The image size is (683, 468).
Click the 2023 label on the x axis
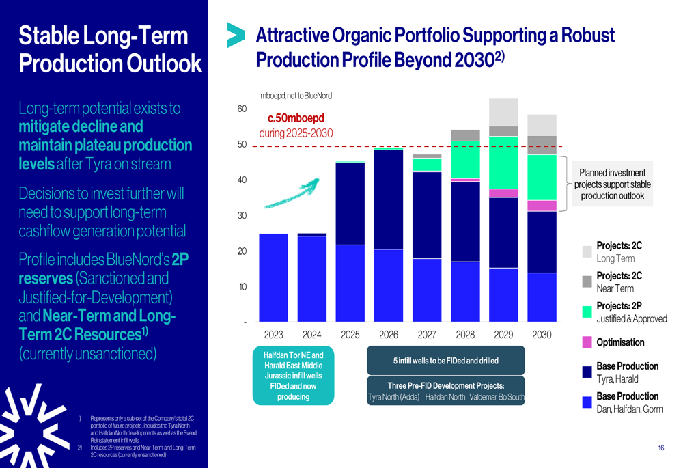pos(273,335)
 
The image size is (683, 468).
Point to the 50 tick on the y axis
pos(242,145)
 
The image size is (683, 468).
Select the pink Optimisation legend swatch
pos(587,342)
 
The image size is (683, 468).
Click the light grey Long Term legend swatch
pos(587,251)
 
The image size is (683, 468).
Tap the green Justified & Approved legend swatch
pos(587,312)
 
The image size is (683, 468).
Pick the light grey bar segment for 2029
pos(503,112)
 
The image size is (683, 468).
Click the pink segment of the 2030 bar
pos(542,206)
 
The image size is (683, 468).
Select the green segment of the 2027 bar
pos(427,164)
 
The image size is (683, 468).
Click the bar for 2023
pos(273,277)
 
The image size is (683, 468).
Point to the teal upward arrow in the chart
pos(292,193)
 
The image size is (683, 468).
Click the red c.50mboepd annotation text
pos(296,118)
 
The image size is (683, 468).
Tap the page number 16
pos(661,448)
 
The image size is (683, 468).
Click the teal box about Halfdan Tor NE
pos(293,376)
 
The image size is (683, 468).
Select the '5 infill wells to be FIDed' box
pos(446,361)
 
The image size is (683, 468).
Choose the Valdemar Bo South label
pos(497,397)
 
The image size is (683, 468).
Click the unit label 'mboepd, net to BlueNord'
pos(296,96)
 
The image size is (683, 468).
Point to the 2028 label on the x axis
pos(465,335)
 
